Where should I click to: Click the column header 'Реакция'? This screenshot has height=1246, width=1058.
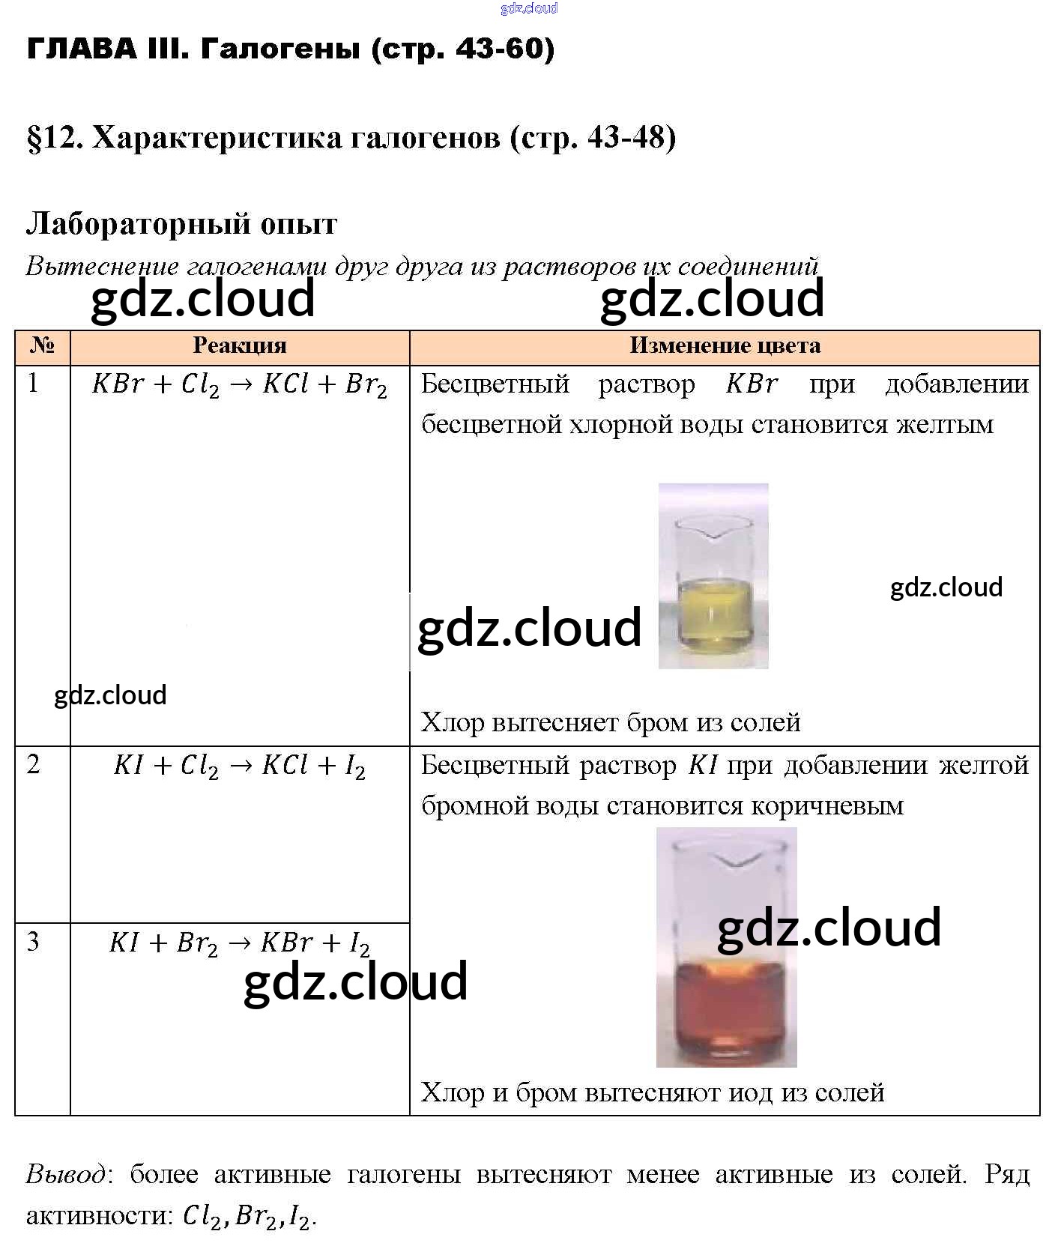pyautogui.click(x=240, y=345)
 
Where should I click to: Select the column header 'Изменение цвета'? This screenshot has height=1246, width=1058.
pyautogui.click(x=725, y=345)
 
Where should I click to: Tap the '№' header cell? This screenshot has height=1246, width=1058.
pyautogui.click(x=43, y=345)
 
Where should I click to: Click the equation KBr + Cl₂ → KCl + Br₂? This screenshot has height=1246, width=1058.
pyautogui.click(x=240, y=385)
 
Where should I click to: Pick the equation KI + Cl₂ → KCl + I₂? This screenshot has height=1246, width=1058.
pyautogui.click(x=240, y=766)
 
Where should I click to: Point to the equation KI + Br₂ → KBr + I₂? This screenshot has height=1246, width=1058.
pyautogui.click(x=240, y=943)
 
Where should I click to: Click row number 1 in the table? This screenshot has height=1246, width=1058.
pyautogui.click(x=33, y=384)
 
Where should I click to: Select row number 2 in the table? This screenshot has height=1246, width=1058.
pyautogui.click(x=33, y=765)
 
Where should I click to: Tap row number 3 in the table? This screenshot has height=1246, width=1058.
pyautogui.click(x=33, y=942)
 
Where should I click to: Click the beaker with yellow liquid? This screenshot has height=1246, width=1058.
pyautogui.click(x=713, y=577)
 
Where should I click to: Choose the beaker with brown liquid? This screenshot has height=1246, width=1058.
pyautogui.click(x=726, y=948)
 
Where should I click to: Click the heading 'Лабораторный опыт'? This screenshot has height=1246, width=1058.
pyautogui.click(x=181, y=223)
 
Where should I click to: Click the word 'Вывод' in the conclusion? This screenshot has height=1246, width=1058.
pyautogui.click(x=66, y=1173)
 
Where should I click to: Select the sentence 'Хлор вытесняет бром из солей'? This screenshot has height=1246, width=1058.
pyautogui.click(x=611, y=722)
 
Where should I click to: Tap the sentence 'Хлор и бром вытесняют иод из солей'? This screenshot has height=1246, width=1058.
pyautogui.click(x=653, y=1092)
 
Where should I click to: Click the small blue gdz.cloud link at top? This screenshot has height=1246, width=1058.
pyautogui.click(x=529, y=8)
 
